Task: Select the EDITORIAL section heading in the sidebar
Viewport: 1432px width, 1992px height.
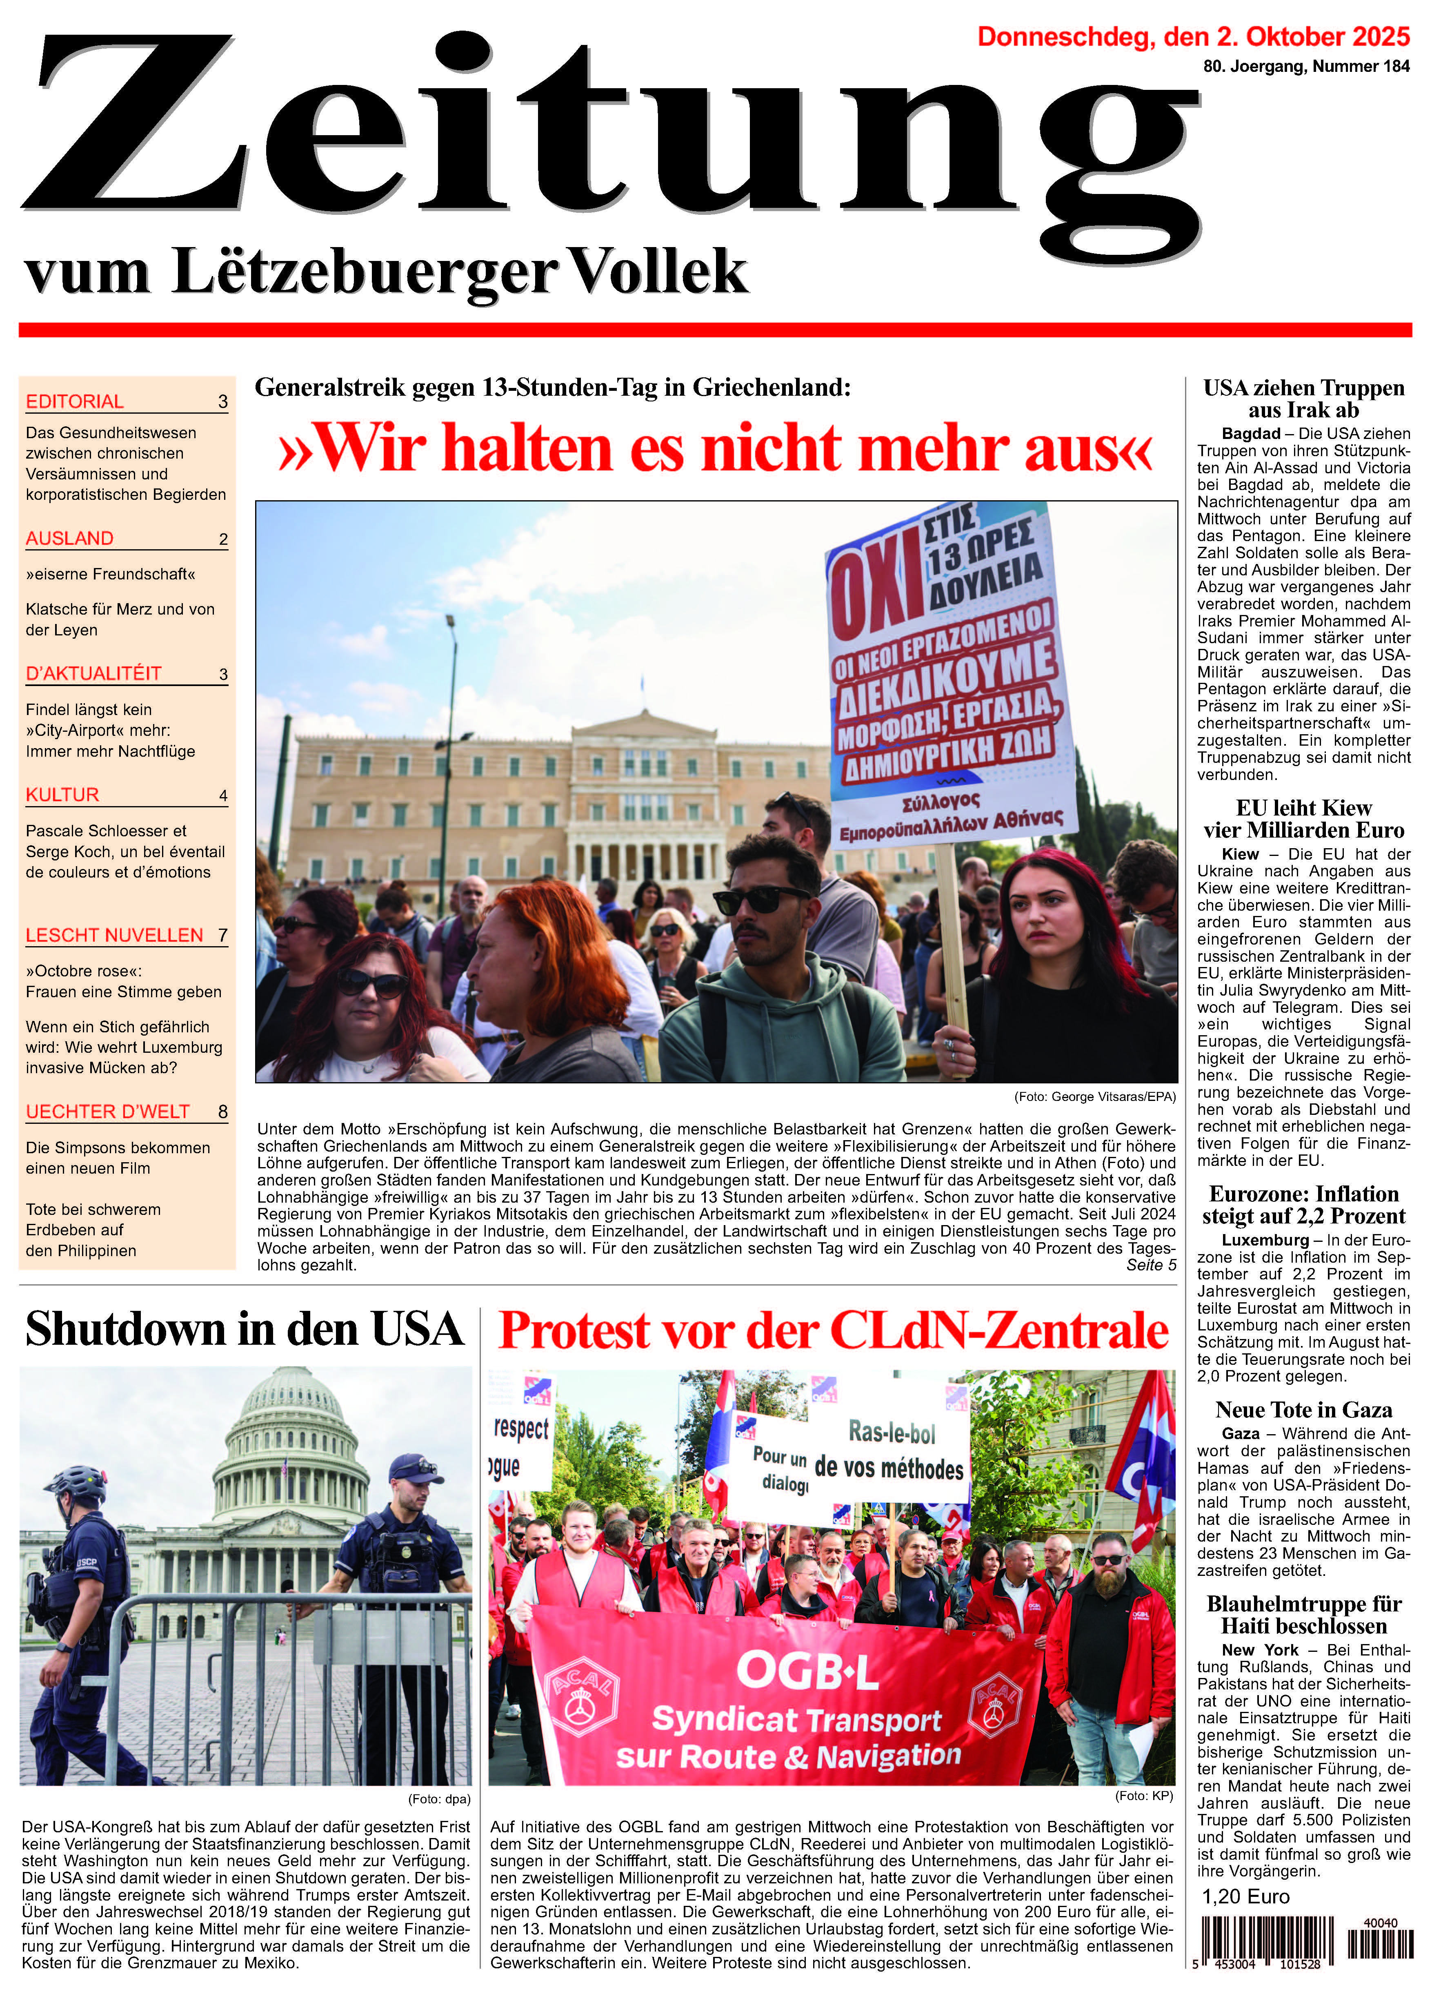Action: click(x=75, y=401)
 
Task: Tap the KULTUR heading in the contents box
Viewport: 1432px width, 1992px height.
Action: click(x=62, y=795)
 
